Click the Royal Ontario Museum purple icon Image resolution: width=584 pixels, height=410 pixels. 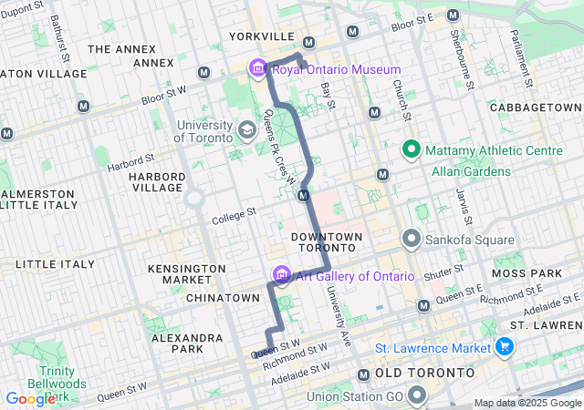[x=257, y=69]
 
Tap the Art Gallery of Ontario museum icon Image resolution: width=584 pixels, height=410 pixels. [x=281, y=275]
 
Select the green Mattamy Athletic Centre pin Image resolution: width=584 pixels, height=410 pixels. [x=411, y=150]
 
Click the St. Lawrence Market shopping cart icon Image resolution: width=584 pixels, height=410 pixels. [x=503, y=346]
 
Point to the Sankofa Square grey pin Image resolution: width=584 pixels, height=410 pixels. [x=411, y=240]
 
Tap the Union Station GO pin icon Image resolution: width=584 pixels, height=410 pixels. [x=418, y=395]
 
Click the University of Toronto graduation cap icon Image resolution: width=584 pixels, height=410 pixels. [x=246, y=130]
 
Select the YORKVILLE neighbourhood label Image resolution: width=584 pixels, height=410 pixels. [x=263, y=36]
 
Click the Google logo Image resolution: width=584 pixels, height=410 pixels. [x=30, y=398]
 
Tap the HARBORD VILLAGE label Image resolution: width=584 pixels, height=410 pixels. [x=156, y=181]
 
